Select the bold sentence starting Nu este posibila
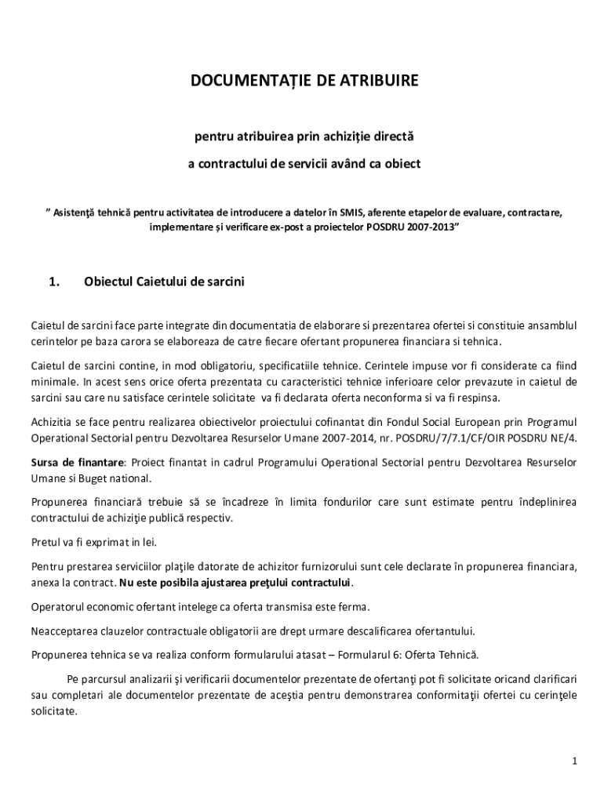point(235,583)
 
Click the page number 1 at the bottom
point(574,761)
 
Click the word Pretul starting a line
point(45,541)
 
